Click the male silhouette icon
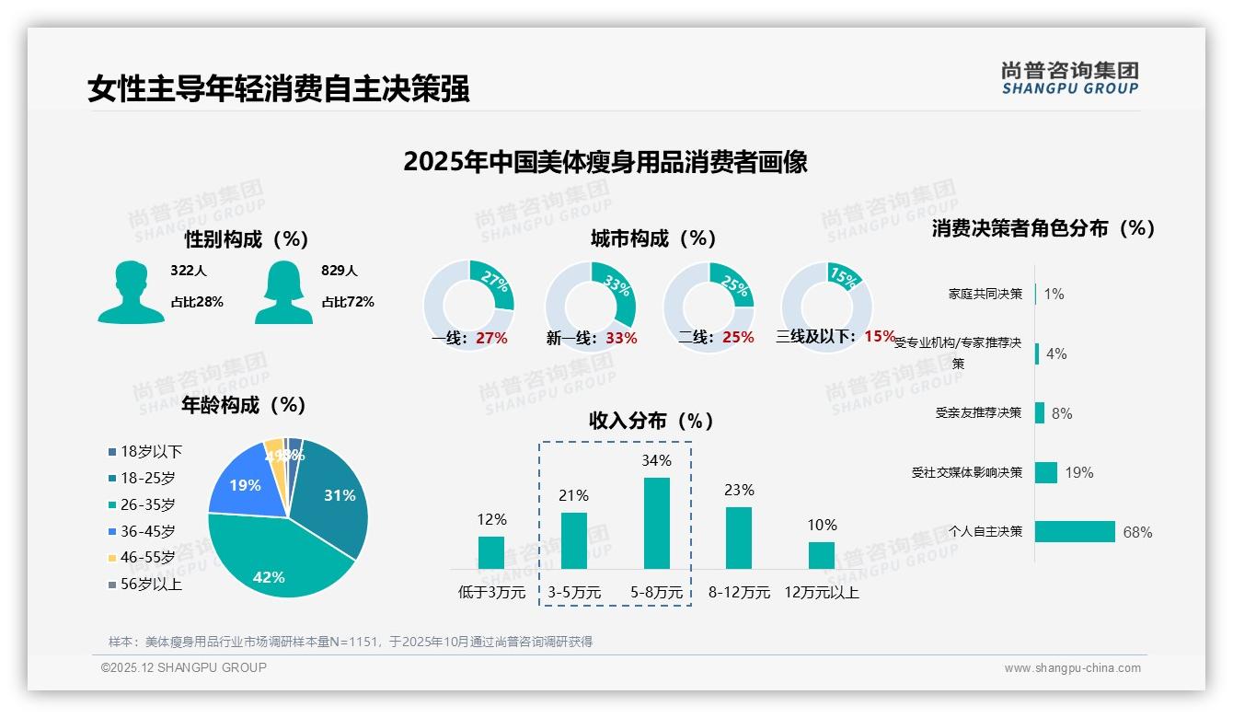(131, 292)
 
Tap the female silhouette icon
(283, 292)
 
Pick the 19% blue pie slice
(241, 483)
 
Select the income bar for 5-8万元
(657, 523)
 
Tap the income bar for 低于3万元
(491, 552)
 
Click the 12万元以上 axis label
(821, 592)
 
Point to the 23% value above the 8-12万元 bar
(739, 490)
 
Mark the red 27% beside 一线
(491, 338)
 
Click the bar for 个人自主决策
(1075, 531)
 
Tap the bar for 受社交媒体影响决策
(1046, 472)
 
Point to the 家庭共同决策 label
(985, 294)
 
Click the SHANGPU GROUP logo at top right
(1069, 77)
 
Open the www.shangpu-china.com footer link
(1072, 668)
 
